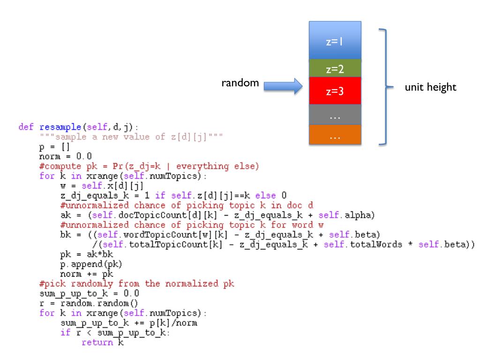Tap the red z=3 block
pos(335,91)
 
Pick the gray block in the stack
pos(335,114)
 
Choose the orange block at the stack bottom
pos(335,135)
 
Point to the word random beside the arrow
pos(240,83)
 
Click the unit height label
pos(433,87)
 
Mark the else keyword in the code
pos(208,197)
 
